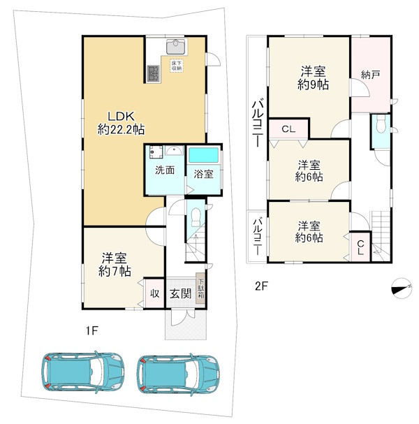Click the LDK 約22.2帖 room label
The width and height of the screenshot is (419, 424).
(121, 123)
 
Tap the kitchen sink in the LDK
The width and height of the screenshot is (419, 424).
(176, 47)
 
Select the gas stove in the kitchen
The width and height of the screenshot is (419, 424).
(153, 73)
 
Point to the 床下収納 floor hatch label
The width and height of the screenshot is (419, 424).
(177, 66)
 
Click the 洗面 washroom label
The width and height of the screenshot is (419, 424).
(165, 170)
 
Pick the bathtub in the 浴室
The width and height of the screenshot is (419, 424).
(203, 155)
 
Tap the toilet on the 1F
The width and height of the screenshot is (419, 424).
(195, 217)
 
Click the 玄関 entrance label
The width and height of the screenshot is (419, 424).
(181, 293)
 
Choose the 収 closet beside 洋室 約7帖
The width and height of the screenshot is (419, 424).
(154, 293)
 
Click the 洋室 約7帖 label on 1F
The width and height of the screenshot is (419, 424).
(115, 265)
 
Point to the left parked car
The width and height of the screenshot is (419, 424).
(82, 373)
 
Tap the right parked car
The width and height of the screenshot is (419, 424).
(178, 374)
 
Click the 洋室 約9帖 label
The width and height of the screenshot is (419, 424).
(314, 78)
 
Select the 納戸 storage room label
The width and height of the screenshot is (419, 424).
(371, 75)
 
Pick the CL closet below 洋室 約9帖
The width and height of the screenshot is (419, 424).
(288, 129)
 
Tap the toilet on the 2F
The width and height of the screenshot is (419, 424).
(381, 124)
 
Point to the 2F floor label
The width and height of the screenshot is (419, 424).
(261, 286)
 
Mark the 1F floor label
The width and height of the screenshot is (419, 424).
(91, 330)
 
